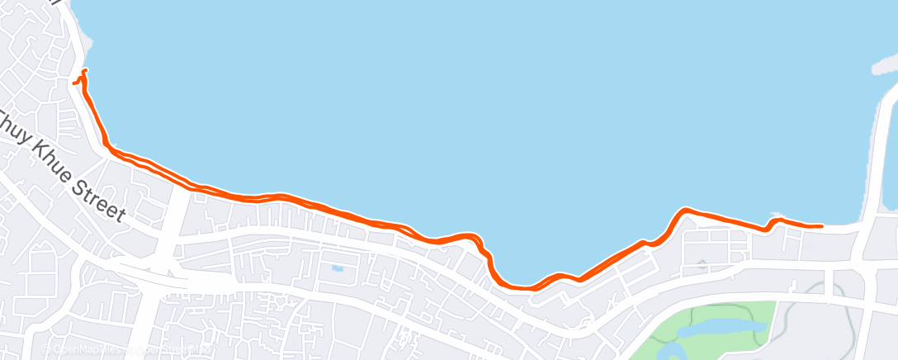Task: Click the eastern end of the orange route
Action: pyautogui.click(x=821, y=225)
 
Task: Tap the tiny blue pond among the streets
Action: pyautogui.click(x=337, y=268)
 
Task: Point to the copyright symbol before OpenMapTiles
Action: pyautogui.click(x=48, y=349)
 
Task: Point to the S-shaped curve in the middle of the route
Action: pyautogui.click(x=483, y=248)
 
